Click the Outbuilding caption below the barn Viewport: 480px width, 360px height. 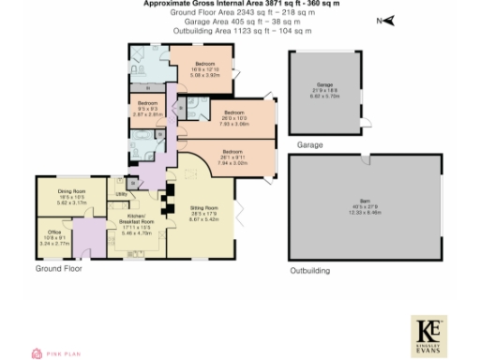(309, 270)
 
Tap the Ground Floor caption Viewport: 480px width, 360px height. (58, 268)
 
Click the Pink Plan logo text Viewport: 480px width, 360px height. (65, 352)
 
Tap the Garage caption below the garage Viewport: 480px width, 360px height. (309, 145)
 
